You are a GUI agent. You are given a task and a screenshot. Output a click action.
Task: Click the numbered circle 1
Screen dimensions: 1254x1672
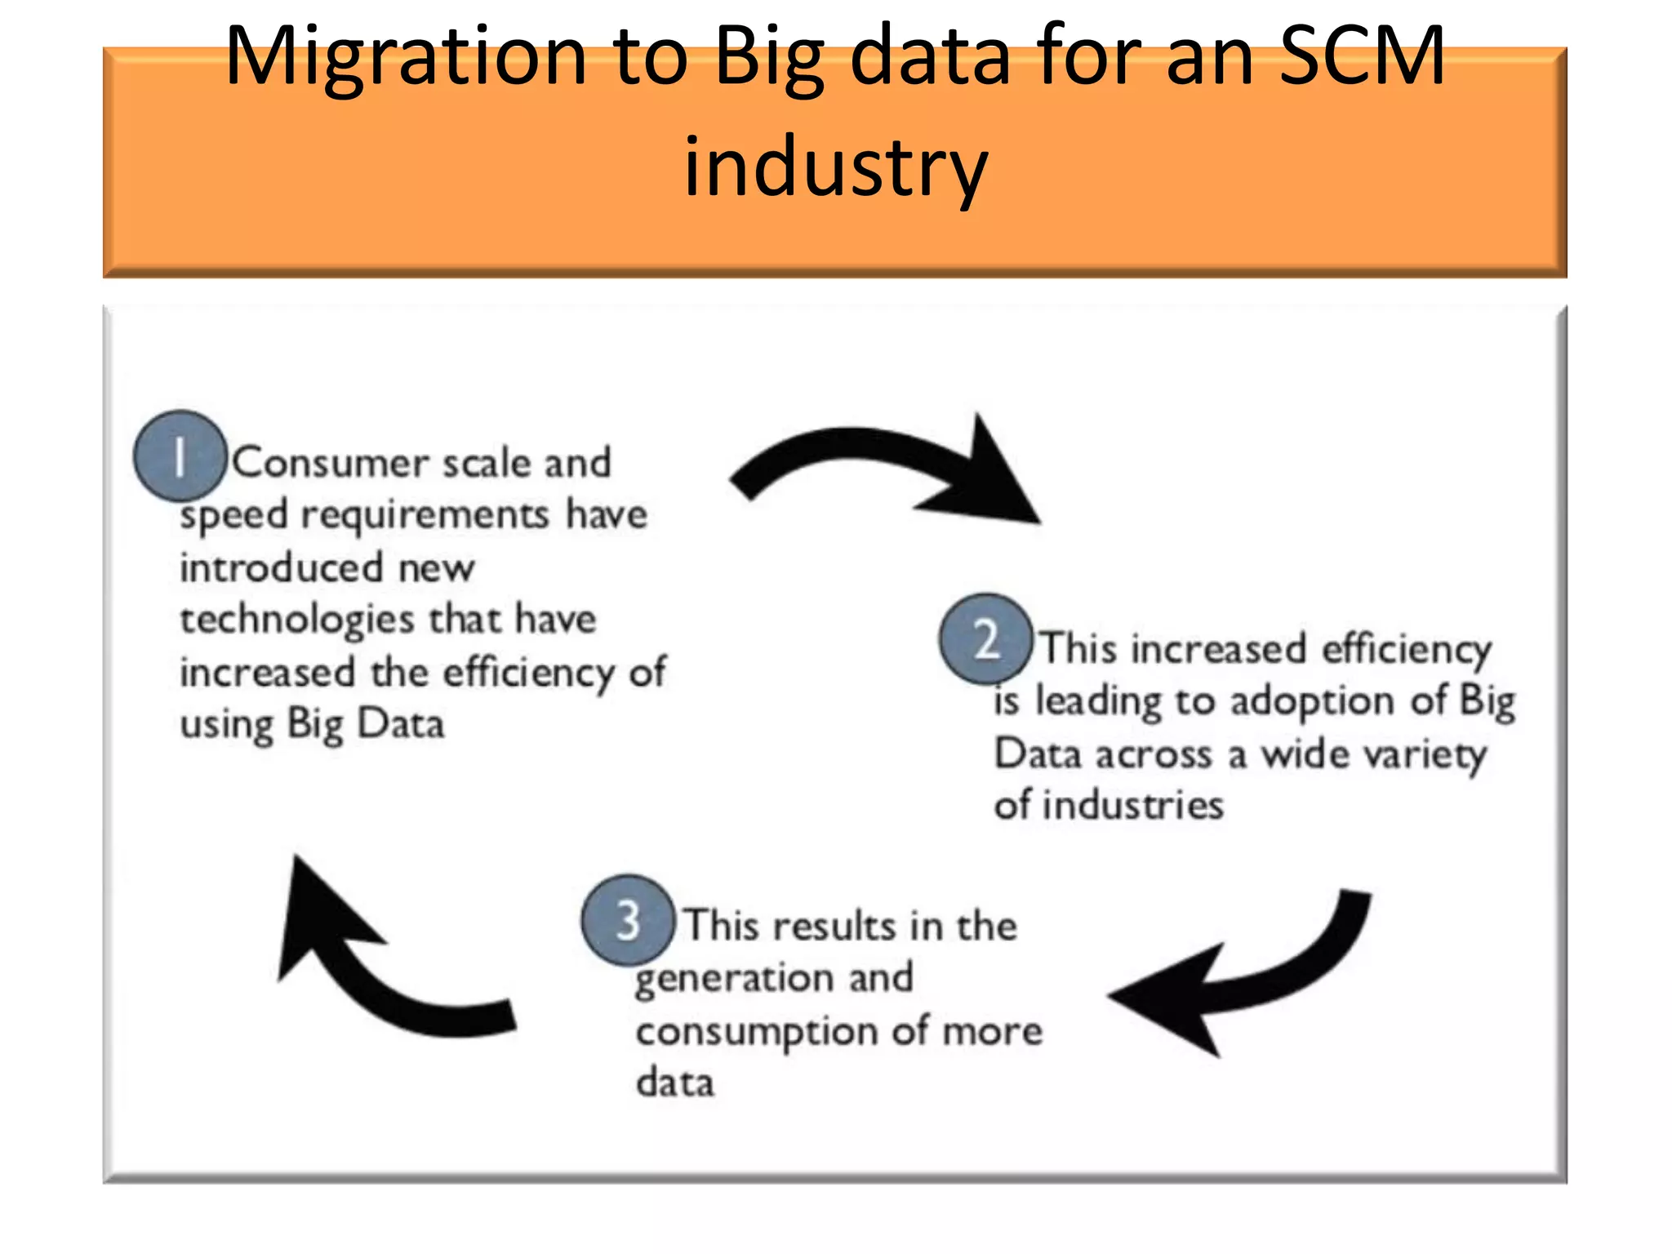(180, 456)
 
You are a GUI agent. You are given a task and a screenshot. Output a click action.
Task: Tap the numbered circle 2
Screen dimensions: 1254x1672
(986, 639)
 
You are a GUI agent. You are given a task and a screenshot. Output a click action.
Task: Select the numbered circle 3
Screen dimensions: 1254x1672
(628, 920)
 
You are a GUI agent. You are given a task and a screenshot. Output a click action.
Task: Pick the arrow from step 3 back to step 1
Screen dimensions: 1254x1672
(376, 963)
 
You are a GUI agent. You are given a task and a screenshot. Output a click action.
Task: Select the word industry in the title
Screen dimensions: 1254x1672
(835, 167)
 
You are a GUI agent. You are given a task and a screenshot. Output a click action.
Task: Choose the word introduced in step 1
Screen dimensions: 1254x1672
(281, 567)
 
